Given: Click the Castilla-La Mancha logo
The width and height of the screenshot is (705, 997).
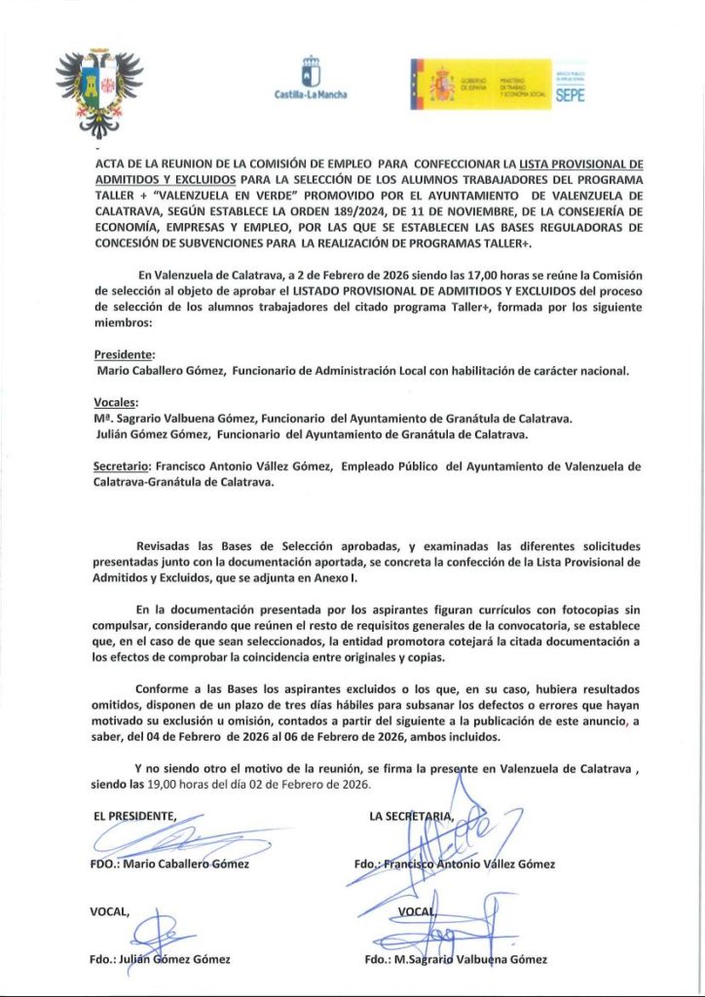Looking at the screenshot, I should coord(312,78).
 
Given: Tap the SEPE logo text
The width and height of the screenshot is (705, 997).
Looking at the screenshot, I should coord(569,95).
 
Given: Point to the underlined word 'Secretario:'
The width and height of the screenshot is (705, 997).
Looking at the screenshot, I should coord(123,466).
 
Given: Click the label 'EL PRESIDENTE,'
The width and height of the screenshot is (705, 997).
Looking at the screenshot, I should coord(135,815).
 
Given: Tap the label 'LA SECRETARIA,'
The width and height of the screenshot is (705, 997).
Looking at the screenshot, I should coord(411,815).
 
